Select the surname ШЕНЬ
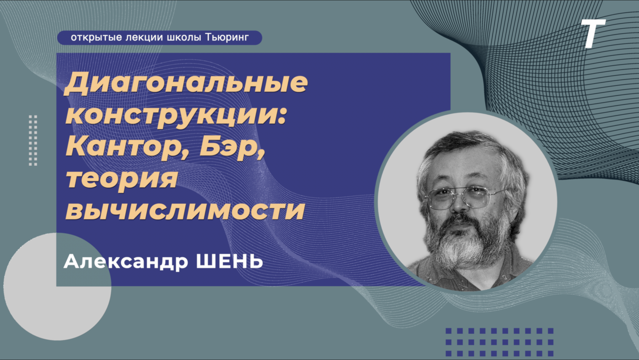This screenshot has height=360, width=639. tap(229, 261)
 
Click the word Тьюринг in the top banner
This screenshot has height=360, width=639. tap(227, 38)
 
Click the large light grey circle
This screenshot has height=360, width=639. tap(57, 287)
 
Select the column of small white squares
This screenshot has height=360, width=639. tap(33, 140)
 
